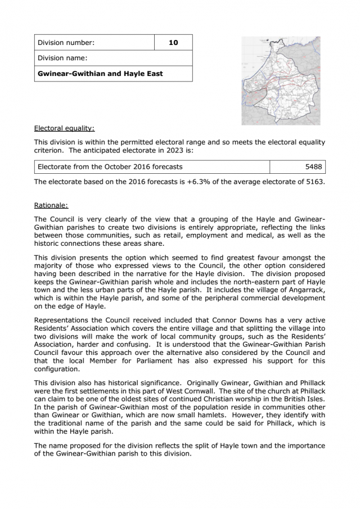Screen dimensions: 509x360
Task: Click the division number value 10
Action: point(173,43)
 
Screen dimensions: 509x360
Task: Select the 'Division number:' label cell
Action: point(66,43)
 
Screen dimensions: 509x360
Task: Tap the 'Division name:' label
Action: point(62,58)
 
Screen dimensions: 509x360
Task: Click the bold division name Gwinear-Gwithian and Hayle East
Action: point(100,74)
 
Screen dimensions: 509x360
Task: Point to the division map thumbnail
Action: point(281,80)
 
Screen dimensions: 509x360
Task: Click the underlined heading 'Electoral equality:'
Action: point(64,128)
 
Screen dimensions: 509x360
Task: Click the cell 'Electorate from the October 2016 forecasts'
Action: point(110,167)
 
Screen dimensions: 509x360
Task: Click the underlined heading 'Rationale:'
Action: point(51,205)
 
